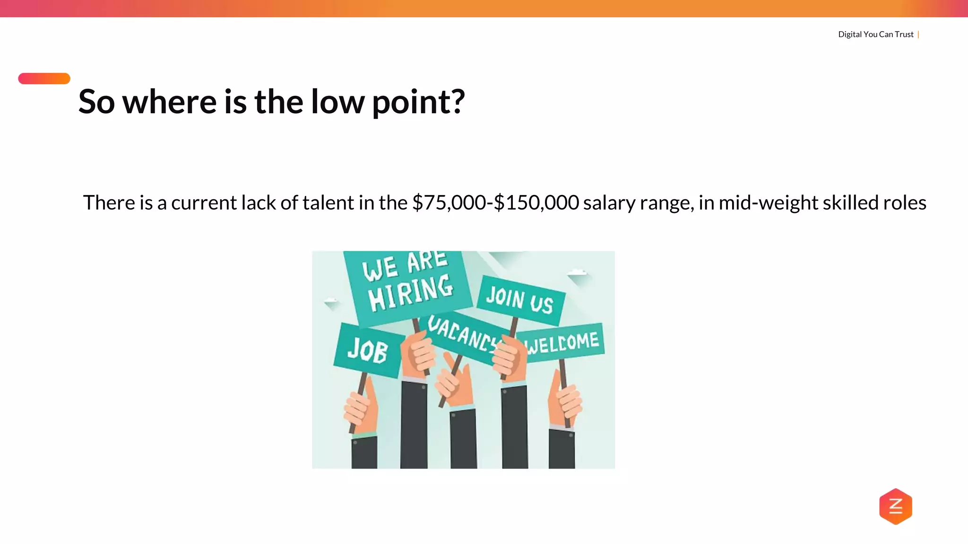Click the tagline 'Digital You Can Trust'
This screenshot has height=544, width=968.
(x=875, y=34)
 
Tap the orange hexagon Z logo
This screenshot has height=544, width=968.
(x=895, y=506)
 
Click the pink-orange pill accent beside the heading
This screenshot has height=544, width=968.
(x=44, y=78)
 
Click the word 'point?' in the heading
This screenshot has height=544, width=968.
(x=418, y=102)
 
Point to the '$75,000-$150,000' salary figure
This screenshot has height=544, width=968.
(x=495, y=203)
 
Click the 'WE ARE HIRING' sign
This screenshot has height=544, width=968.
(x=407, y=286)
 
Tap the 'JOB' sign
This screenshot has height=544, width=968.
(x=368, y=350)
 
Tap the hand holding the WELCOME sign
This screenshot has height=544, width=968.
(x=565, y=399)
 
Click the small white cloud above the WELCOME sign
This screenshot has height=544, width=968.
(x=577, y=272)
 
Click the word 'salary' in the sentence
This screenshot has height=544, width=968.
(x=609, y=203)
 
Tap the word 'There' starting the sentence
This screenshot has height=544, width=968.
(x=109, y=203)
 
